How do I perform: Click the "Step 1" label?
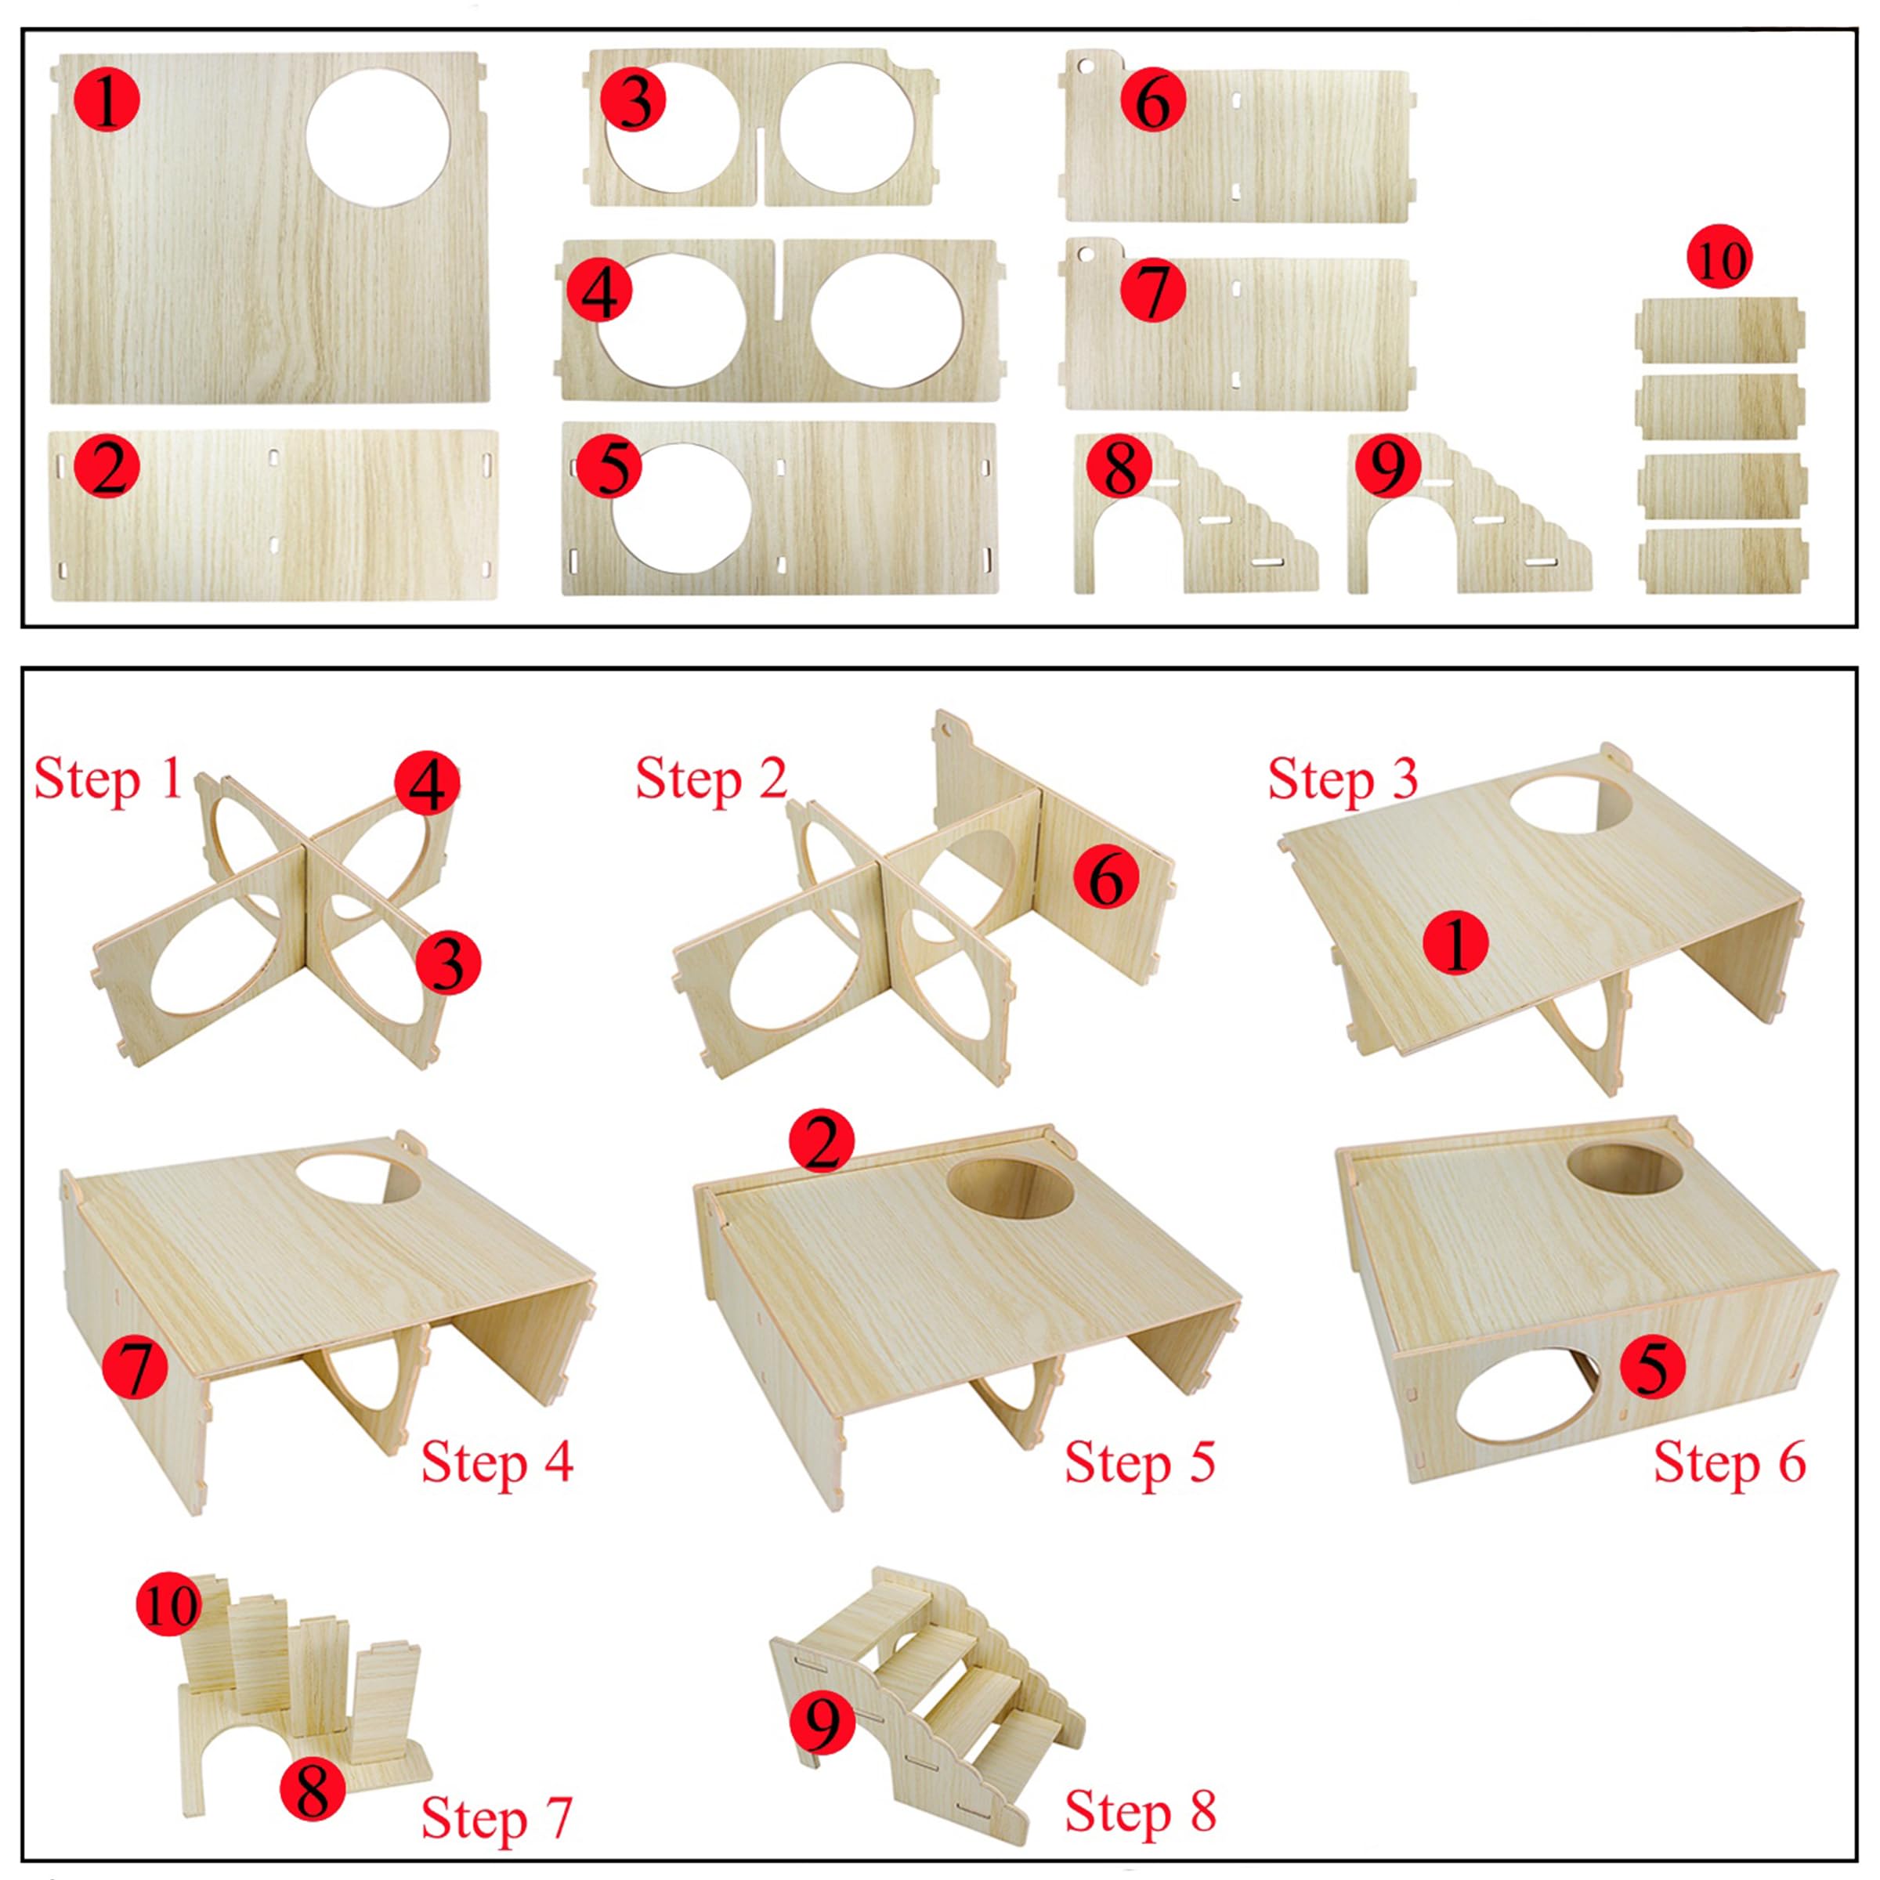109,780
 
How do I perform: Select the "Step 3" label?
1343,780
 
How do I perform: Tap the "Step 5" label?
1140,1462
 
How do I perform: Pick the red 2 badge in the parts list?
107,467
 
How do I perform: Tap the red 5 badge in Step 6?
1652,1367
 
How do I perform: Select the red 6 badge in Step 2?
1106,877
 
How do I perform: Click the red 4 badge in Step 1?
426,783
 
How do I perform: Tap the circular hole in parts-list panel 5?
681,507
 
